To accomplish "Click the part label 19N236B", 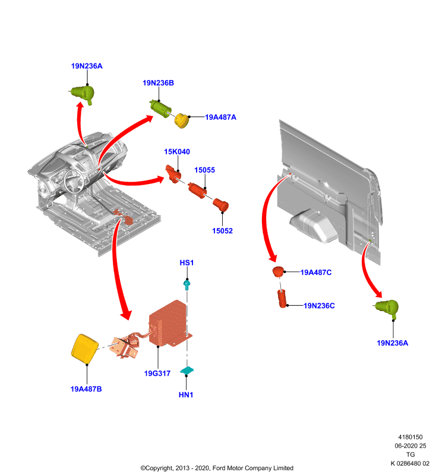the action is coord(158,83).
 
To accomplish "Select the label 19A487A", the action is coord(220,117).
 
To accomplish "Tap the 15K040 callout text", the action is coord(177,152).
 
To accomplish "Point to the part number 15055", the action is coord(204,170).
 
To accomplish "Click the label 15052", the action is coord(222,231).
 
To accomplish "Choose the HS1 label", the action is coord(187,262).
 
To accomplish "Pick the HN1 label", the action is coord(186,395).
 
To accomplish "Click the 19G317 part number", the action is coord(157,373).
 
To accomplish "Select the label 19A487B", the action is coord(86,389).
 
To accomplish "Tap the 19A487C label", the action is coord(316,273).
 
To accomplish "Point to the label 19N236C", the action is coord(320,306).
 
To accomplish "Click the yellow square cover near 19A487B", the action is coord(84,349).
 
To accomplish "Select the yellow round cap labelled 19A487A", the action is coord(182,121).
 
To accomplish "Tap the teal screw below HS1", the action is coord(187,285).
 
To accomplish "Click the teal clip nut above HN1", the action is coord(187,370).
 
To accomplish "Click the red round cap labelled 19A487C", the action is coord(278,272).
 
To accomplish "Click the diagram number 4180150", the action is coord(410,437).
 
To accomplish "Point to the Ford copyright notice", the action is coord(217,468).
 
